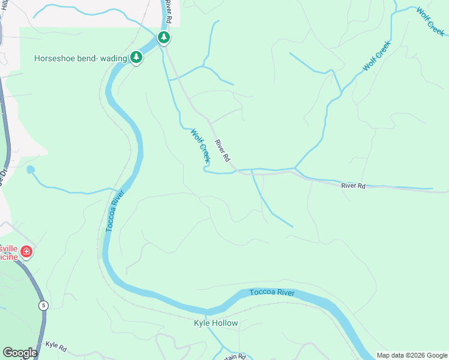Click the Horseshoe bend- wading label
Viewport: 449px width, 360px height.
click(81, 58)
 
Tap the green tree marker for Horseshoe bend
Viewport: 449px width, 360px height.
click(137, 58)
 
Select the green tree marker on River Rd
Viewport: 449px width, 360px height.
click(163, 38)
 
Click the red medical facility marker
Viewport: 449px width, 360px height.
click(26, 252)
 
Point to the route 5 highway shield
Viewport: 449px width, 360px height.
click(43, 305)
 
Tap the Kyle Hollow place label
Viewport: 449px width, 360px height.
click(215, 323)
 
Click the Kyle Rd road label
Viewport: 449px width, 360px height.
click(55, 346)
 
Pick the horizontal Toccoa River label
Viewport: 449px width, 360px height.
click(272, 293)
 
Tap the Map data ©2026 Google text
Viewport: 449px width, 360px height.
click(412, 355)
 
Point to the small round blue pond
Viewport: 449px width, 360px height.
click(31, 170)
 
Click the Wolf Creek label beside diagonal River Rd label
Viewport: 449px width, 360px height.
click(200, 146)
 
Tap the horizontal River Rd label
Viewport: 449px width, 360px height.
click(353, 186)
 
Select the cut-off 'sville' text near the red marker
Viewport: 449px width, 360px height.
click(8, 248)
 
